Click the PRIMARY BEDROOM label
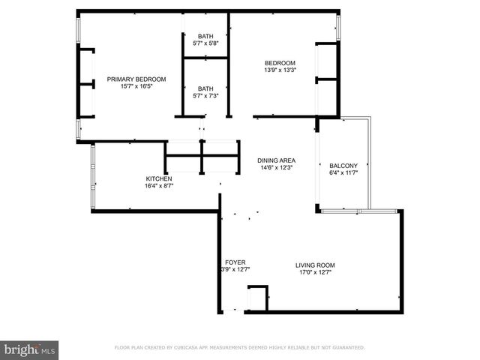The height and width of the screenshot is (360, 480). pos(136,79)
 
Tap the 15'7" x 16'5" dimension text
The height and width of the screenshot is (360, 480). pos(136,86)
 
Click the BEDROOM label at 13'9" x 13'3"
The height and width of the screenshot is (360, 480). pos(280,63)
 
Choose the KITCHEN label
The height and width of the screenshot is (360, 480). pos(158,178)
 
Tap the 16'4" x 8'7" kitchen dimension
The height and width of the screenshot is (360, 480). pos(158,186)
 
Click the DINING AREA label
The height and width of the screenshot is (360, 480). pos(276,160)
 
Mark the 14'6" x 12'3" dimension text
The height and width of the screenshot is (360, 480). pos(276,168)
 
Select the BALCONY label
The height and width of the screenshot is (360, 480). pos(343,166)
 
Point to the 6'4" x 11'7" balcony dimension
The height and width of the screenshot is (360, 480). pos(343,173)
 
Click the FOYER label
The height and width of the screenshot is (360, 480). pos(235,262)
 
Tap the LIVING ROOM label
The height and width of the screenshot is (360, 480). pos(314,265)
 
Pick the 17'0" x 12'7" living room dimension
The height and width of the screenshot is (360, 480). pos(314,272)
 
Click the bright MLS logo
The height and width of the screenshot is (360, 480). pos(30,349)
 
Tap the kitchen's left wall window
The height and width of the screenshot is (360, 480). pos(93,177)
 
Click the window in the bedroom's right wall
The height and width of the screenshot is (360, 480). pos(338,27)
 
